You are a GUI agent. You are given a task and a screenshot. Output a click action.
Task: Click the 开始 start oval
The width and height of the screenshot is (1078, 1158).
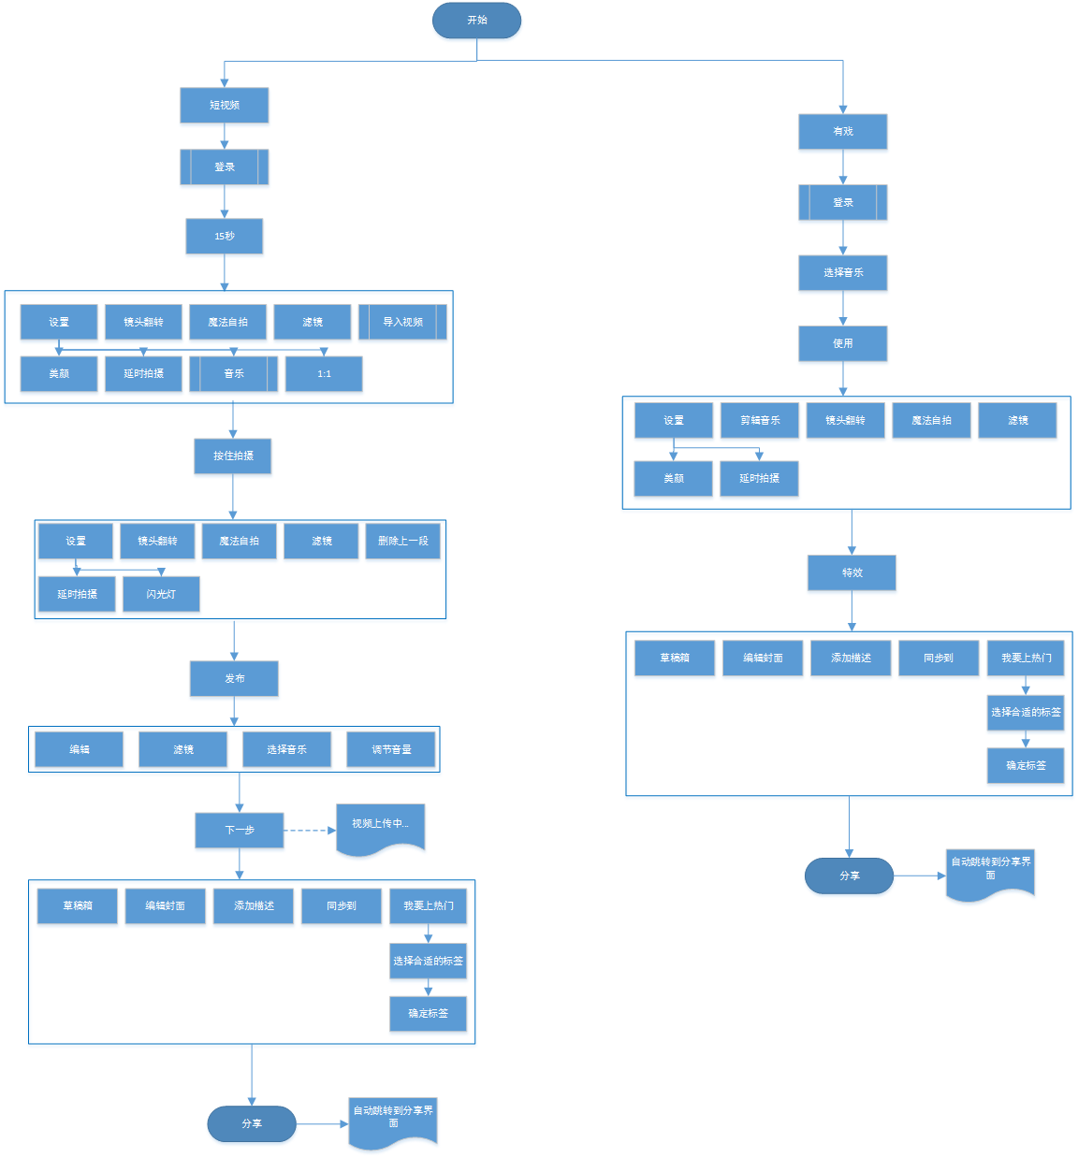[476, 21]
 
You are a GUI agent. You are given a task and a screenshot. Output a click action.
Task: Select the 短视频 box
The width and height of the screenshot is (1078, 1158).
[225, 106]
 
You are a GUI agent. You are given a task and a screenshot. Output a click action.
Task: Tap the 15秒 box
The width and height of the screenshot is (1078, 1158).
[225, 237]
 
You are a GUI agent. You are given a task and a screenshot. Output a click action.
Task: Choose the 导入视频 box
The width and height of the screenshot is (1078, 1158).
[402, 322]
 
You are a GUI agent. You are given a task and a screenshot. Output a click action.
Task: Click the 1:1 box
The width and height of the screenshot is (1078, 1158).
[324, 374]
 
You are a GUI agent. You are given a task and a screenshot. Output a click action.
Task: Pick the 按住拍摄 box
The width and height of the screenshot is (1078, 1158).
[233, 456]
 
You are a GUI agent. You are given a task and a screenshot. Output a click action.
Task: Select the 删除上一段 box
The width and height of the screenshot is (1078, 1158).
[403, 542]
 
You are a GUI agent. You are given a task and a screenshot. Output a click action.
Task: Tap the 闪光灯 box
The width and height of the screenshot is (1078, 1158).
[161, 595]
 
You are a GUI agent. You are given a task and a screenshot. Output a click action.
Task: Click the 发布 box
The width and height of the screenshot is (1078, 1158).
[234, 679]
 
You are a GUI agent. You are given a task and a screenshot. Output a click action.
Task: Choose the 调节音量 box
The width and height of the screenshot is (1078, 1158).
[391, 750]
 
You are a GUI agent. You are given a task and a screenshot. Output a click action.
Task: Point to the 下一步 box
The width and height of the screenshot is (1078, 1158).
[240, 831]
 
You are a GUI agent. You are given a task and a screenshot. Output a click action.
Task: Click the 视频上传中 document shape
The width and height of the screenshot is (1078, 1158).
[380, 827]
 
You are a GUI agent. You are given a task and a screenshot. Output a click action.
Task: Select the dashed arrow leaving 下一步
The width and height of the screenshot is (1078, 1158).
[309, 831]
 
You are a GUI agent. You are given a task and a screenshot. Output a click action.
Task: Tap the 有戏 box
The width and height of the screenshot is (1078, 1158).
[843, 132]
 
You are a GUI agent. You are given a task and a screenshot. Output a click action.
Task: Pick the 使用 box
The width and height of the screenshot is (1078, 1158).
[843, 344]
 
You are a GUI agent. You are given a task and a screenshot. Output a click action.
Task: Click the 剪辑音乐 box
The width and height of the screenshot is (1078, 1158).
[760, 421]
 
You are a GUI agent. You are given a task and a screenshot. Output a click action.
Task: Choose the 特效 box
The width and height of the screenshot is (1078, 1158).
[852, 573]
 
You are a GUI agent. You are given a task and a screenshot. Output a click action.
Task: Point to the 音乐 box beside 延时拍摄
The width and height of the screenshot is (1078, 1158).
[234, 374]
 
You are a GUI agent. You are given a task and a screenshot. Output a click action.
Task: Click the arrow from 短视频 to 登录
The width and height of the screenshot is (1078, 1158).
[225, 137]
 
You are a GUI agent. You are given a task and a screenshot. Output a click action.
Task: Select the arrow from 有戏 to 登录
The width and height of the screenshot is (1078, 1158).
[843, 167]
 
